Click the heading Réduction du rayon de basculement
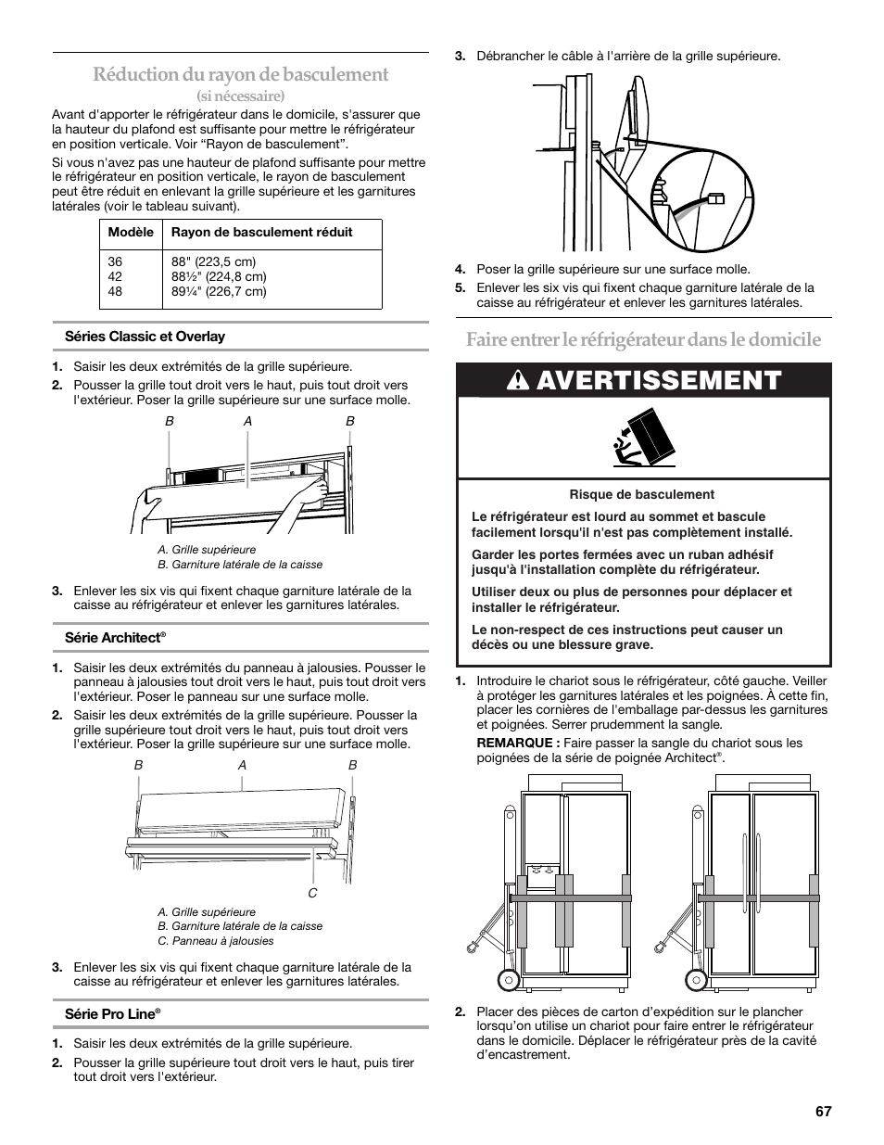pyautogui.click(x=240, y=74)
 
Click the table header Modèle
pyautogui.click(x=131, y=233)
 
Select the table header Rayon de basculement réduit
pyautogui.click(x=261, y=233)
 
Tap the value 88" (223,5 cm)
pyautogui.click(x=213, y=262)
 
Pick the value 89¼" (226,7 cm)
pyautogui.click(x=219, y=291)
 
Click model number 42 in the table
pyautogui.click(x=115, y=276)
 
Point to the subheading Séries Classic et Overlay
pyautogui.click(x=145, y=337)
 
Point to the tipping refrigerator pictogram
pyautogui.click(x=643, y=439)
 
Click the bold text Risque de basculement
pyautogui.click(x=641, y=494)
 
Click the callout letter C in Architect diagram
pyautogui.click(x=312, y=893)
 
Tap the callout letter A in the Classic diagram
pyautogui.click(x=247, y=421)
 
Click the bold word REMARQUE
pyautogui.click(x=518, y=743)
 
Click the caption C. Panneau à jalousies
pyautogui.click(x=216, y=941)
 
